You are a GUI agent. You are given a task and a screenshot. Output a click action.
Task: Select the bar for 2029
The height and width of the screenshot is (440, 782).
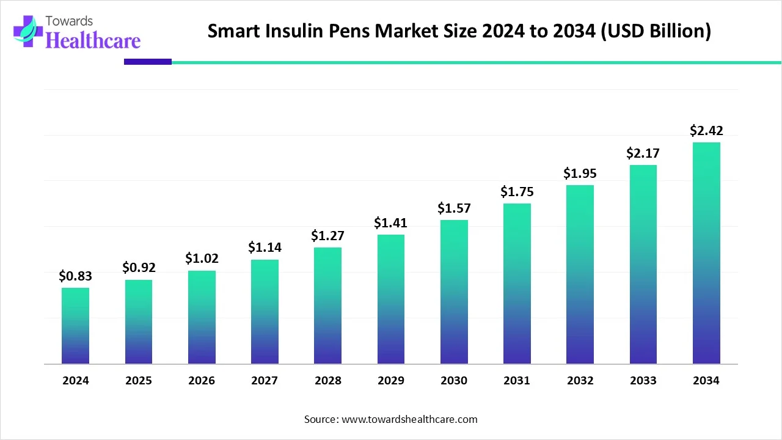(391, 299)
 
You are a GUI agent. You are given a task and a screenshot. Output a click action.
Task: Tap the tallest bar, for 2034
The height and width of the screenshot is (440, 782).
(706, 253)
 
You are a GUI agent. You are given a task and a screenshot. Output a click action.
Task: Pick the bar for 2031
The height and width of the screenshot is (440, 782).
(517, 284)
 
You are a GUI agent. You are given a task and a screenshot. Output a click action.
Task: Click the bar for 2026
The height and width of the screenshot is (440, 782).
(202, 317)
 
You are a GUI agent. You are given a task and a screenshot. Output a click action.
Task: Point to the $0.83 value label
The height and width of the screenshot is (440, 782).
(75, 276)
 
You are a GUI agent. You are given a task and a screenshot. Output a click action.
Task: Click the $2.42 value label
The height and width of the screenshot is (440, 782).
(706, 130)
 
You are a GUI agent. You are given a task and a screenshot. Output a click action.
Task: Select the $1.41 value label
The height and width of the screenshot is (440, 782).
(391, 223)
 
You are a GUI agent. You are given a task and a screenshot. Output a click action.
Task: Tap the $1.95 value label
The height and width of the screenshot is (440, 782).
(580, 174)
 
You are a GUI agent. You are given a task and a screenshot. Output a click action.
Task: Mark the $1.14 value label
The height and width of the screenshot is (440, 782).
(265, 248)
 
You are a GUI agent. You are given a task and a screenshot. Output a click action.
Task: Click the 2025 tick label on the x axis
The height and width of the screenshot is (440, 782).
(139, 381)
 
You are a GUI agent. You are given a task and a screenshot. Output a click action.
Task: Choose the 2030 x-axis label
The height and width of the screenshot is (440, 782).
(454, 381)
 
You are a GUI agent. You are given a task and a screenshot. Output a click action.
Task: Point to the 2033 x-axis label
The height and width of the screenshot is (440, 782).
(643, 381)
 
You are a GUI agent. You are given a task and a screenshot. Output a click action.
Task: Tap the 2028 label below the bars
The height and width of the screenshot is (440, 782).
(328, 381)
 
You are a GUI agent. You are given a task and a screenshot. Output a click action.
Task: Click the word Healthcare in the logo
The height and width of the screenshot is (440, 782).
(93, 40)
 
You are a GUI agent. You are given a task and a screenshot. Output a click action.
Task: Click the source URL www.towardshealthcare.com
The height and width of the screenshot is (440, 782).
(408, 419)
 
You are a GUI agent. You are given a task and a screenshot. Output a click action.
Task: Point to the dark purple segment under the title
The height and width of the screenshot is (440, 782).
(148, 62)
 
